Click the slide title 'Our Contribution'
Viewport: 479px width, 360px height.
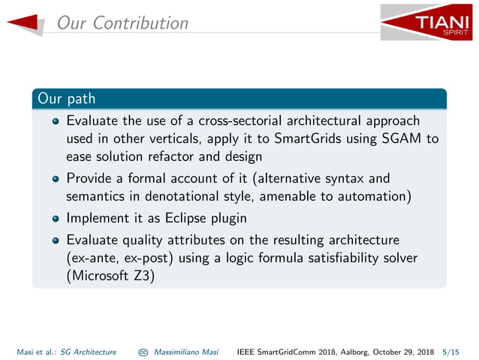click(x=122, y=23)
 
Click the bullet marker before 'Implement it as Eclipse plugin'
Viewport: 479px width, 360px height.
click(x=56, y=219)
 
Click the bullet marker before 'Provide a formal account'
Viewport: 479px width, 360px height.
click(x=56, y=179)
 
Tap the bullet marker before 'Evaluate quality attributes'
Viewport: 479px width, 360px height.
click(x=56, y=240)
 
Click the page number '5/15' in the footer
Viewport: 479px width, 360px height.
click(x=452, y=351)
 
